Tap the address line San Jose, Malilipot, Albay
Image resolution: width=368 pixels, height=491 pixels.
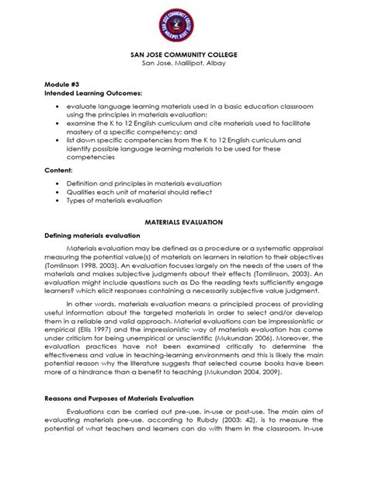184,67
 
